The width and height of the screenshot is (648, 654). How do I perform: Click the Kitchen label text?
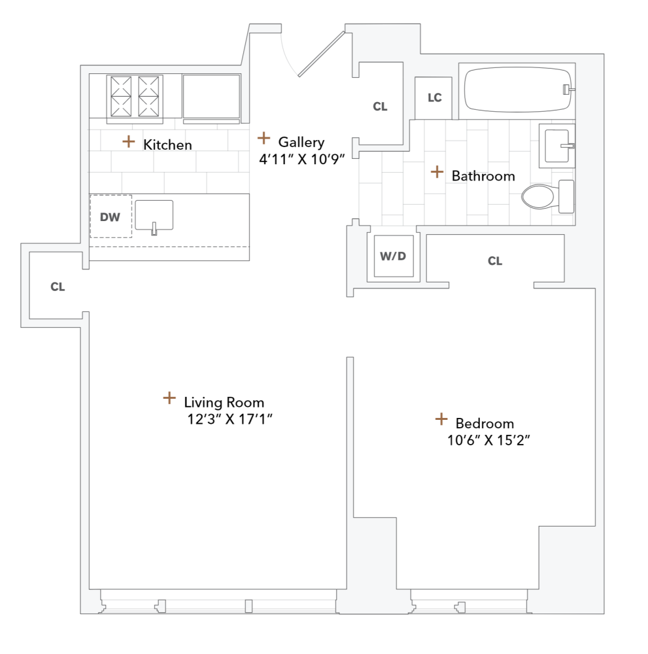[x=167, y=145]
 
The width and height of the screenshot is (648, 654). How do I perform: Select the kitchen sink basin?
[x=154, y=215]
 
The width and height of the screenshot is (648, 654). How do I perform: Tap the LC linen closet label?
[x=435, y=98]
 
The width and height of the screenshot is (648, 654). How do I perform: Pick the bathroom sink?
[x=558, y=145]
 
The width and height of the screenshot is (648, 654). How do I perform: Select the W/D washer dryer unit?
[x=393, y=256]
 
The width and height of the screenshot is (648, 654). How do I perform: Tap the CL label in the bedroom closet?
[x=495, y=262]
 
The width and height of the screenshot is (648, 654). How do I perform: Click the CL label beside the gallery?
[x=380, y=107]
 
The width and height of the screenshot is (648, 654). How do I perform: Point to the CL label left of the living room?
[x=58, y=286]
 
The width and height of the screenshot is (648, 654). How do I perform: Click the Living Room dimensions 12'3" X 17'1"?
[x=229, y=419]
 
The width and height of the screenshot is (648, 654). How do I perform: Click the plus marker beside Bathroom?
[x=437, y=172]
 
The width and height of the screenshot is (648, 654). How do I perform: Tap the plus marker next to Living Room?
[x=169, y=398]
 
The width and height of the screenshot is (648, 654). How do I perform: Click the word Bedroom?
[x=485, y=423]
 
